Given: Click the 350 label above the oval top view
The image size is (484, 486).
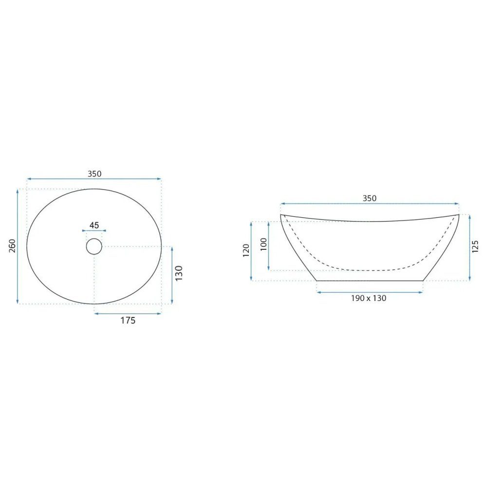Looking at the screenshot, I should point(94,173).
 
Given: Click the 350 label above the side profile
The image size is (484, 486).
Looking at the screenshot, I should point(370,198).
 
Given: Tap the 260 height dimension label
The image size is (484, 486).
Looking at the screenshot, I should point(13,246).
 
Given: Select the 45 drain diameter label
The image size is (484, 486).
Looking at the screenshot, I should point(94,225).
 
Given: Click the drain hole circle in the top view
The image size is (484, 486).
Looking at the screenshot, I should point(94,246).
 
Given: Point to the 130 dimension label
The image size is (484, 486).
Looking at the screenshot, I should point(179,273).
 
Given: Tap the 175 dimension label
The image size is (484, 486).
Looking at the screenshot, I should point(127,320).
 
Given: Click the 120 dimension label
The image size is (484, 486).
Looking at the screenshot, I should point(246,250).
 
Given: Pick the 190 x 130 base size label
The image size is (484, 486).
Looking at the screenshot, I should point(369,298).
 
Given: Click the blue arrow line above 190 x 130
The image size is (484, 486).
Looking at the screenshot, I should point(370,292).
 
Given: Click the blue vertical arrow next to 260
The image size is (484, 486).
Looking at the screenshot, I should point(18,246).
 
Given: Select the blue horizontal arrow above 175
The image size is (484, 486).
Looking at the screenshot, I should point(127,313).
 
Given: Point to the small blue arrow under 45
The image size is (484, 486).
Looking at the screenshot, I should point(94,231).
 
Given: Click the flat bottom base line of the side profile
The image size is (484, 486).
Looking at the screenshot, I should point(370,281).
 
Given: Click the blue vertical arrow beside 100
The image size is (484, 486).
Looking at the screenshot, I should point(269,245).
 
